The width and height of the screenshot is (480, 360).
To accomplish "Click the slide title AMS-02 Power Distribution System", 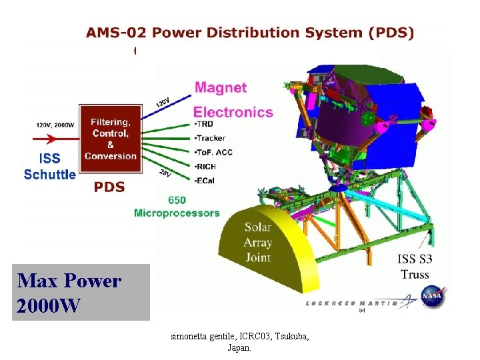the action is [249, 33].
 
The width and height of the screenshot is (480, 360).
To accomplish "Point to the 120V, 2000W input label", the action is [55, 125].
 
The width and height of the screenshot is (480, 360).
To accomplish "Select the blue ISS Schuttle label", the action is [50, 167].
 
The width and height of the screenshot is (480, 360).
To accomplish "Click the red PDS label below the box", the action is [109, 187].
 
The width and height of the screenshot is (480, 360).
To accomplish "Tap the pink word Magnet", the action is [220, 87].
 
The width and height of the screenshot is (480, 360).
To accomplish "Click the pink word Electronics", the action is [233, 112].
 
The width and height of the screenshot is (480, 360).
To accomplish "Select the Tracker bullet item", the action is [211, 138].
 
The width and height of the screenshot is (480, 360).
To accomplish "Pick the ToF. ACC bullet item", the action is [214, 152].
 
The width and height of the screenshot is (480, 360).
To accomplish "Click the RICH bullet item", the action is [206, 166].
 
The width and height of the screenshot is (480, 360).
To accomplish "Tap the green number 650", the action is [177, 199].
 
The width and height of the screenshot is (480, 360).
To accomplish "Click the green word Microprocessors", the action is [177, 213].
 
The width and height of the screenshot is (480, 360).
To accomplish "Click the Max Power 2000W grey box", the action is [81, 293].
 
